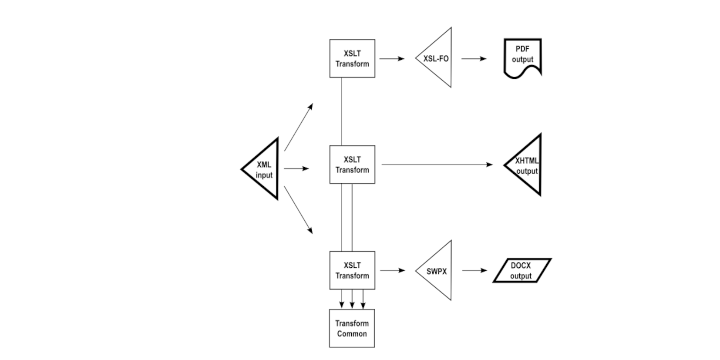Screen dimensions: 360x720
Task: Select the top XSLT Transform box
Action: (x=352, y=58)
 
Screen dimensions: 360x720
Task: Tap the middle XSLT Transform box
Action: (x=352, y=165)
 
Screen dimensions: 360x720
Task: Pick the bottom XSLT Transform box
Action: (x=352, y=270)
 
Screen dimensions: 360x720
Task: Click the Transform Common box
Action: (x=352, y=328)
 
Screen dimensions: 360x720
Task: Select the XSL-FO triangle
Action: (x=437, y=58)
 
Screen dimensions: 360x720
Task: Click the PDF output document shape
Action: (x=522, y=57)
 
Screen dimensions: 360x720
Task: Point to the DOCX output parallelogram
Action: (x=521, y=270)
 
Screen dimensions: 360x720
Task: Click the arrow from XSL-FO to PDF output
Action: (x=474, y=58)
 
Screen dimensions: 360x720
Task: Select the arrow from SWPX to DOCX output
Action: (x=474, y=270)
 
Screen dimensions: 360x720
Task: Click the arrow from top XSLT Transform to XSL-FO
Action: (x=392, y=58)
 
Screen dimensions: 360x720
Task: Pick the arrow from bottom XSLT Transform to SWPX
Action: (x=392, y=270)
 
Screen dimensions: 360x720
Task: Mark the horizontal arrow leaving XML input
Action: (x=296, y=168)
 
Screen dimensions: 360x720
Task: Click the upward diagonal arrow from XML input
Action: (x=299, y=127)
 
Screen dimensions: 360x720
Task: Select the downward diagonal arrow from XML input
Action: (x=299, y=210)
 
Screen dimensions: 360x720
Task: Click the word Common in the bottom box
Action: (x=352, y=334)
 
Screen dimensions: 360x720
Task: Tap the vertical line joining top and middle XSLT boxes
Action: (x=342, y=111)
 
